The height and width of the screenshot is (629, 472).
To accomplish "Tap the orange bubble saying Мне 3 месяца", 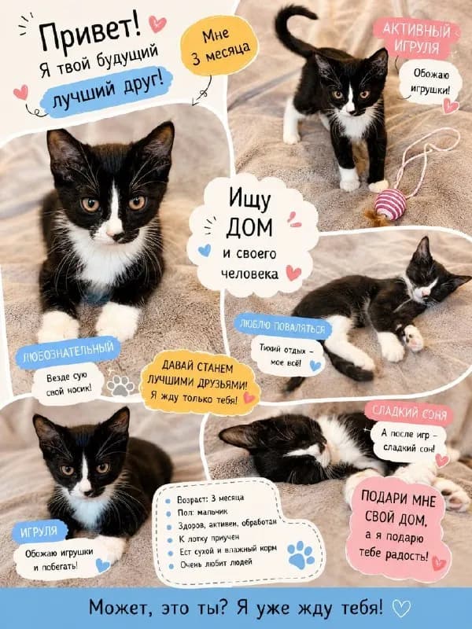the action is pos(219,46).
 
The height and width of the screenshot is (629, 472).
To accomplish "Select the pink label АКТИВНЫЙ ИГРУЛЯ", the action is pos(416,38).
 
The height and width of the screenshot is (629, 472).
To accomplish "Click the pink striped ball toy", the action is pos(390,204).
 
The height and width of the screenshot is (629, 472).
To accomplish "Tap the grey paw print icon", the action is pos(120,385).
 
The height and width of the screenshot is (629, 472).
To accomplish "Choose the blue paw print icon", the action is pos(301,555).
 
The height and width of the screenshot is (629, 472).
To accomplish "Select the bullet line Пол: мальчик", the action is pos(202,512).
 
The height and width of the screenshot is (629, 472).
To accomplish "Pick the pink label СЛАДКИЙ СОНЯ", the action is pos(409,413).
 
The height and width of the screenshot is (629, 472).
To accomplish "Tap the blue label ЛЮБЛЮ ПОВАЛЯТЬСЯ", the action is pos(283,326).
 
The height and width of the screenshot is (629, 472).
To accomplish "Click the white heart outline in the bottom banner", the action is pos(401,609).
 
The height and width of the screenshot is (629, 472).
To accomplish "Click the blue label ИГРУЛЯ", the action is pos(39,532).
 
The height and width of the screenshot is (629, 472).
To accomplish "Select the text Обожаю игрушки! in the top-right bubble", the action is pos(431,82).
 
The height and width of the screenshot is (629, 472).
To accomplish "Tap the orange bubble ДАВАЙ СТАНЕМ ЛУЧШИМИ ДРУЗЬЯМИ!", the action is pos(199,383).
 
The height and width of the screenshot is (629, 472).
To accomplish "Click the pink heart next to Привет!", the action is pos(157,24).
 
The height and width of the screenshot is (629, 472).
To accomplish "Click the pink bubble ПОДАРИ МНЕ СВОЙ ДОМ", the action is pos(398,528).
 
